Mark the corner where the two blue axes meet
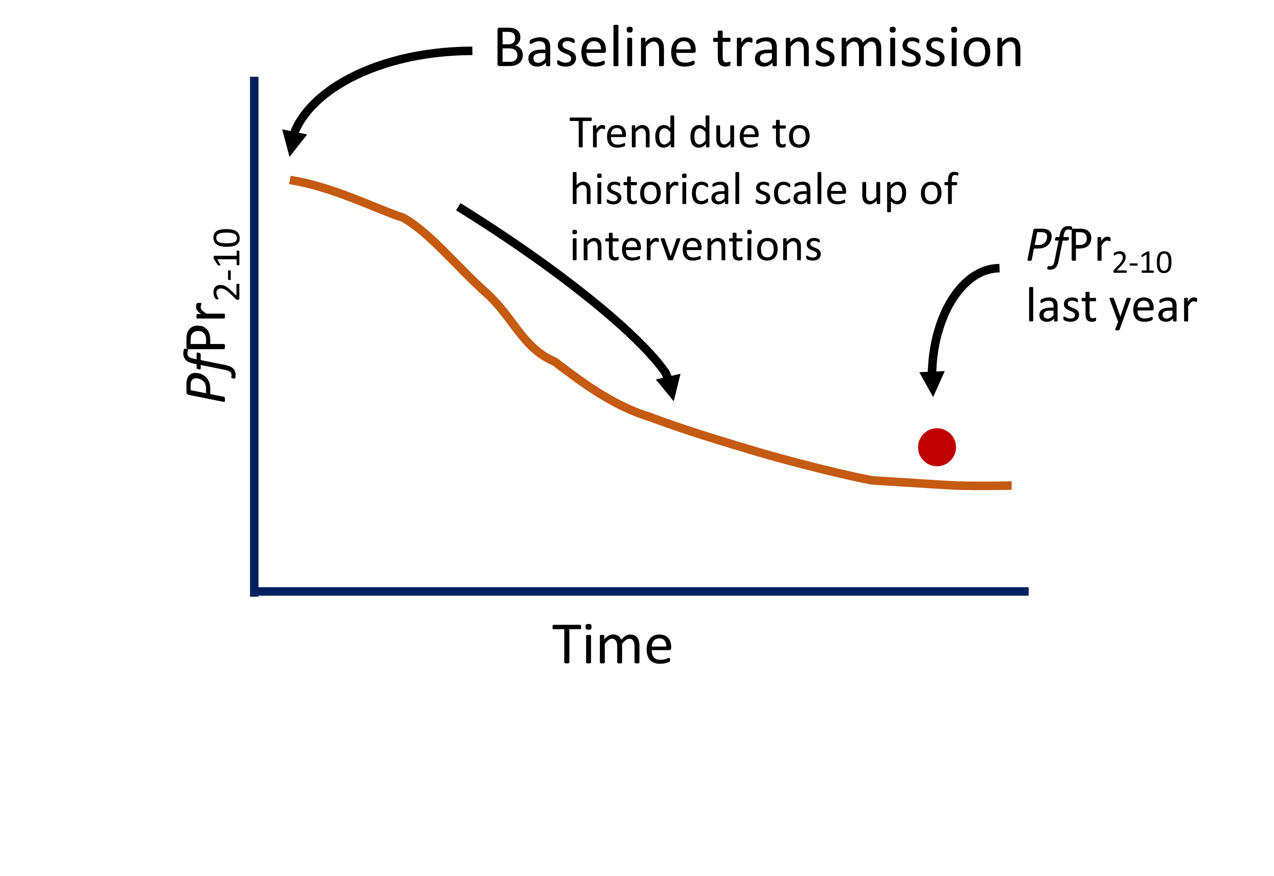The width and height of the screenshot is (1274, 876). coord(254,591)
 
